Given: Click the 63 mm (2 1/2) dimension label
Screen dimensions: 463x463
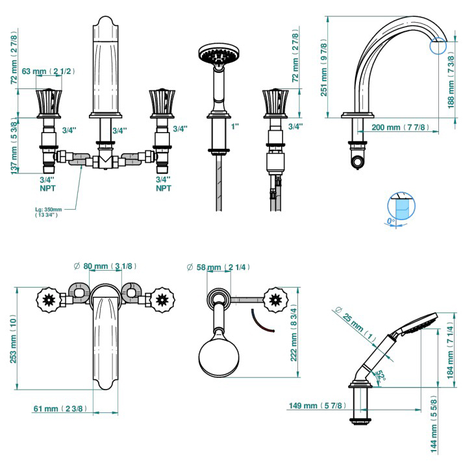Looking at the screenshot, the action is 48,71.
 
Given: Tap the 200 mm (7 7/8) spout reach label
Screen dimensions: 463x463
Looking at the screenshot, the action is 400,127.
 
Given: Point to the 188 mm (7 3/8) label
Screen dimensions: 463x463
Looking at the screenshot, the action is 451,82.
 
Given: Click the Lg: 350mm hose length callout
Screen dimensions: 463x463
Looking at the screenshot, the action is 49,212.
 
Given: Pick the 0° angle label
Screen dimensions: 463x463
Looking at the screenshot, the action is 391,221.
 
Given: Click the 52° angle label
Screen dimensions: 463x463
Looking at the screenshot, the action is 381,376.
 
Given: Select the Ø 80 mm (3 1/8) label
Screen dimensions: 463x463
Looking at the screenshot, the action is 105,266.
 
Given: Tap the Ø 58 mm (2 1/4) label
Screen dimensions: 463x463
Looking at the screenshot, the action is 218,268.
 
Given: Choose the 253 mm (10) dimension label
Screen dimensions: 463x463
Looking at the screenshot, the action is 13,339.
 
